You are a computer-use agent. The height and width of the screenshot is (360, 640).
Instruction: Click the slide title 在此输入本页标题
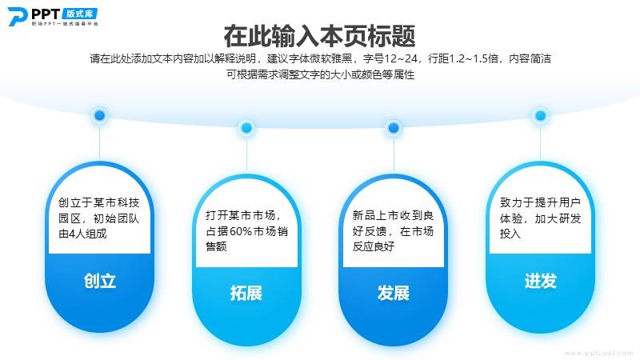point(319,36)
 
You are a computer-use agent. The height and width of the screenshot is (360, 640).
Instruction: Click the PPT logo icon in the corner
point(18,17)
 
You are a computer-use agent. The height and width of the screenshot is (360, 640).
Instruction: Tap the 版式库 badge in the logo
point(80,14)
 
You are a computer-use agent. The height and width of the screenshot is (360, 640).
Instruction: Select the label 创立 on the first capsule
point(99,281)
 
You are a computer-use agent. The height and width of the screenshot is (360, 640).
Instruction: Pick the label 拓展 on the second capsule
point(246,293)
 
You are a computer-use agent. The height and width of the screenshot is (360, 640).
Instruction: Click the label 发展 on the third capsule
point(393,293)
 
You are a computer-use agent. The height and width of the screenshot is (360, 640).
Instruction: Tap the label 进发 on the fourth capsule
point(541,281)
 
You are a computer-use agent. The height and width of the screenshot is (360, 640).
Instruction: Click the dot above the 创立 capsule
point(99,115)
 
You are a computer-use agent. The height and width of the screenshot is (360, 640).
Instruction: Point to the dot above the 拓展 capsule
point(246,128)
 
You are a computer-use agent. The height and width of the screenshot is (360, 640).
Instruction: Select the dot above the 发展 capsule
point(394,128)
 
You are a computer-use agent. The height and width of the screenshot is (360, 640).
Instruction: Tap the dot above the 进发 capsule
point(541,115)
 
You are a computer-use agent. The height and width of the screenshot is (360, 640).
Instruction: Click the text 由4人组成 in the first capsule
point(82,234)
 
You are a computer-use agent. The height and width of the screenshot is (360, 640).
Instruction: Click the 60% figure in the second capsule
point(241,231)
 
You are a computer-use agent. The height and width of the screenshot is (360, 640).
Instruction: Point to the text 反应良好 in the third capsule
point(374,246)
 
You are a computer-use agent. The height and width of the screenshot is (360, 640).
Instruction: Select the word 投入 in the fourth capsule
point(510,234)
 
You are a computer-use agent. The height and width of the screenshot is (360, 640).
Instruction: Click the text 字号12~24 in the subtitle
point(390,58)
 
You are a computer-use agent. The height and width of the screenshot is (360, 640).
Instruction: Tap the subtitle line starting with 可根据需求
point(321,74)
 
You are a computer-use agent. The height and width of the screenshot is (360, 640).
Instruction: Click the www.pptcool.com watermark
point(599,353)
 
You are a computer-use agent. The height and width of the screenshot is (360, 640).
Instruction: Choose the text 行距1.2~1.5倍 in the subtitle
point(463,58)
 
